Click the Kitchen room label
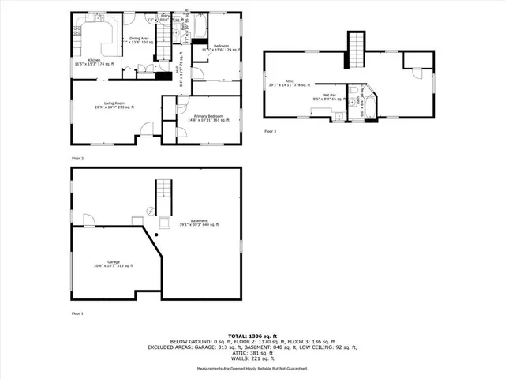tap(94, 60)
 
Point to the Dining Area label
tap(140, 38)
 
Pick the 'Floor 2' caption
tap(77, 158)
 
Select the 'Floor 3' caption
tap(271, 130)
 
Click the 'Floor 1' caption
tap(77, 313)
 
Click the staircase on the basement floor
tap(163, 190)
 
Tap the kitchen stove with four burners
tap(77, 32)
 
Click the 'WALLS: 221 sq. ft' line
tap(252, 359)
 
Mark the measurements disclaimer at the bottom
tap(252, 369)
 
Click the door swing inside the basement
tap(88, 219)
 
